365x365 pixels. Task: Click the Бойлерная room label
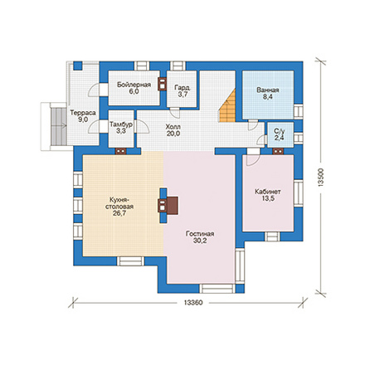[x=134, y=85]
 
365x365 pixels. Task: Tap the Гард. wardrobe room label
[x=182, y=88]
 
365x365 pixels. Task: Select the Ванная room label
[x=268, y=90]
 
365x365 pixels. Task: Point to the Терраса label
[x=83, y=113]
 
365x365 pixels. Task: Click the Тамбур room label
[x=121, y=124]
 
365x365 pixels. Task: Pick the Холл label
[x=173, y=127]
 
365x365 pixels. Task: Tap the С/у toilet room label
[x=280, y=131]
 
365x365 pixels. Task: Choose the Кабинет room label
[x=268, y=192]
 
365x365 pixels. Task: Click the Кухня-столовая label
[x=119, y=203]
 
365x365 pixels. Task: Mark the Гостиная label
[x=200, y=234]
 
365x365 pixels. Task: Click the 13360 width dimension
[x=193, y=303]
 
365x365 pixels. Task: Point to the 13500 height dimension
[x=320, y=178]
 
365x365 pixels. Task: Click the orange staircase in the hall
[x=227, y=106]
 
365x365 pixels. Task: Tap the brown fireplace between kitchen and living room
[x=168, y=206]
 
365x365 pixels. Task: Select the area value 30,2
[x=200, y=241]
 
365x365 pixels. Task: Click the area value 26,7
[x=119, y=213]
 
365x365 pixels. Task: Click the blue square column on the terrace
[x=78, y=66]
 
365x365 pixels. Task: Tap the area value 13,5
[x=268, y=198]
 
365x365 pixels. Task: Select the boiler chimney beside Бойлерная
[x=162, y=84]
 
